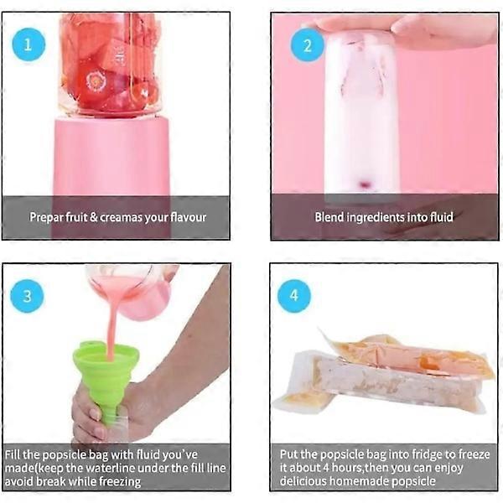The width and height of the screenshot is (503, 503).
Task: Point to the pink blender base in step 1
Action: tap(111, 159)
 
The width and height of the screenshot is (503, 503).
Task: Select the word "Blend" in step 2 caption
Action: tap(329, 217)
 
